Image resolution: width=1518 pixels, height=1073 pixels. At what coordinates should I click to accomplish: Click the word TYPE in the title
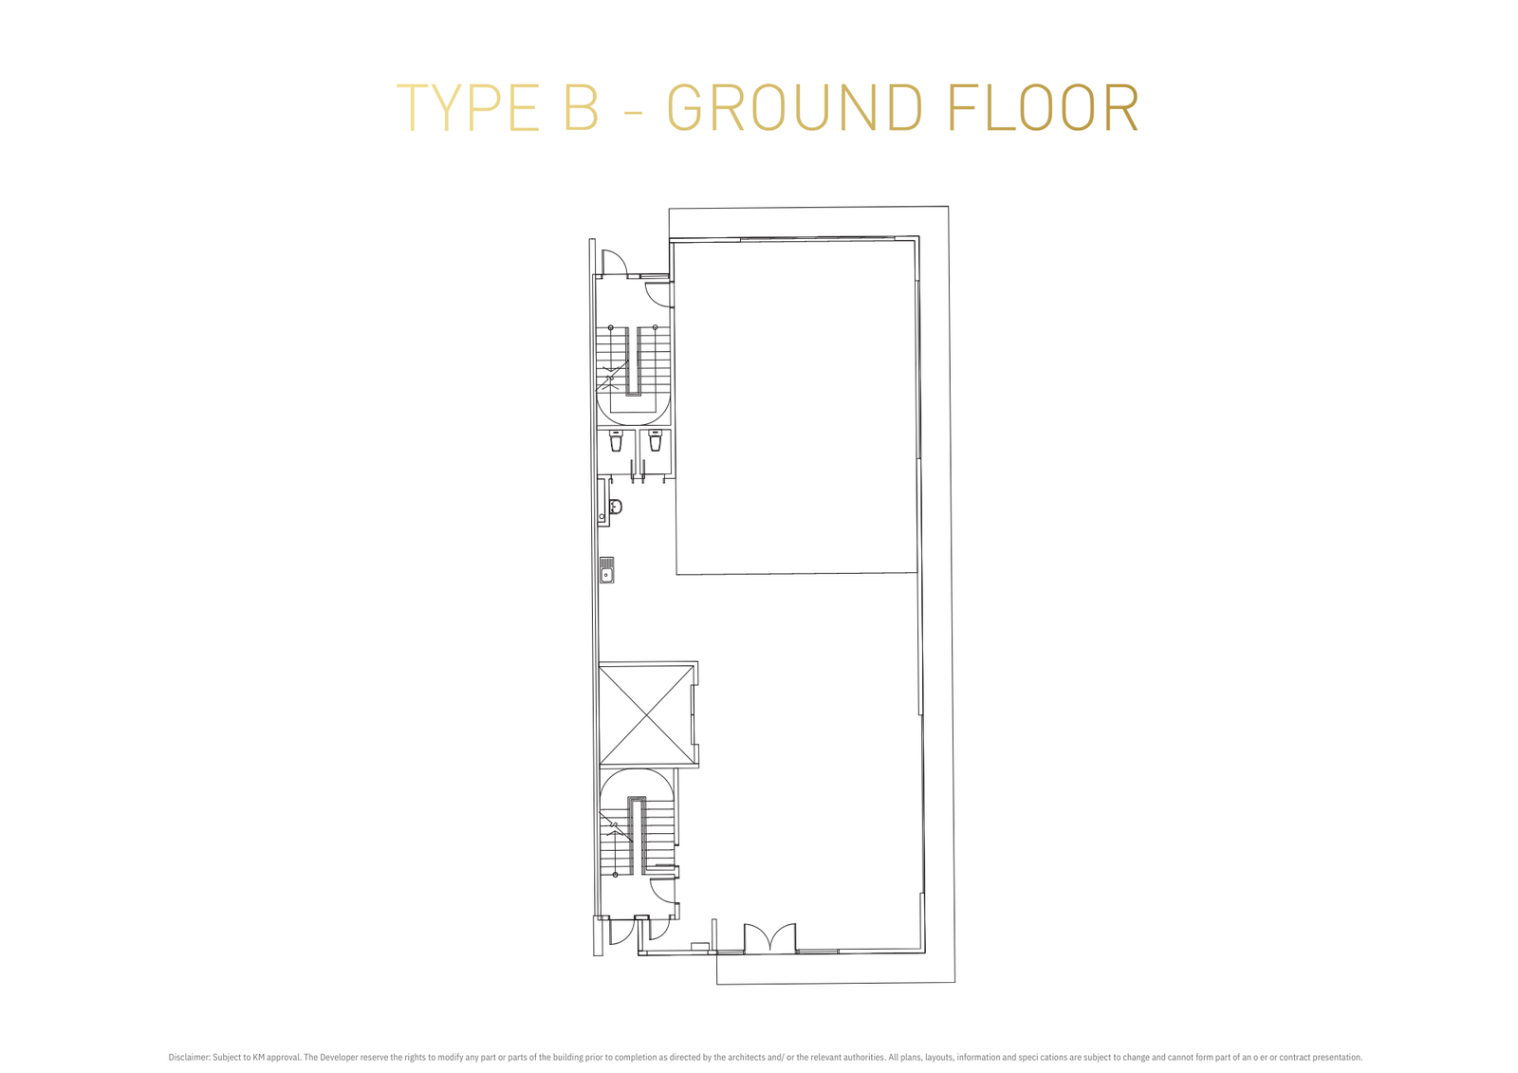click(x=468, y=108)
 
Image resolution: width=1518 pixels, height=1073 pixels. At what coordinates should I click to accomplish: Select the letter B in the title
click(x=582, y=108)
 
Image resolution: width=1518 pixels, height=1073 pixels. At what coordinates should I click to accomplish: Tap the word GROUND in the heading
click(x=794, y=108)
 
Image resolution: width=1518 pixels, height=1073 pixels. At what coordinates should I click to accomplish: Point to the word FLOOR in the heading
click(x=1044, y=108)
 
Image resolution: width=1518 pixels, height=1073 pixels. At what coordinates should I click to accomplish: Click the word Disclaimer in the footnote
click(x=189, y=1057)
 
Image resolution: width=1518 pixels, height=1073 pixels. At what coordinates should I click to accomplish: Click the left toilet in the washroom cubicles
click(x=616, y=440)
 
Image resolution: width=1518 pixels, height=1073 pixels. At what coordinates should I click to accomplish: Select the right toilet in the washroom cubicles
click(x=655, y=440)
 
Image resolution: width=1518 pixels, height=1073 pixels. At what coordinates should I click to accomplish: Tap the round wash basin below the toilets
click(x=616, y=507)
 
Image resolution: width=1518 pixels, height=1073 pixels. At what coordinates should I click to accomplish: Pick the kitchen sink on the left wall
click(x=606, y=571)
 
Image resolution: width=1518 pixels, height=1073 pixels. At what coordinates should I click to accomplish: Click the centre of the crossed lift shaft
click(x=646, y=715)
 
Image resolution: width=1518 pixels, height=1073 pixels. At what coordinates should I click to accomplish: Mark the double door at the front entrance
click(x=769, y=938)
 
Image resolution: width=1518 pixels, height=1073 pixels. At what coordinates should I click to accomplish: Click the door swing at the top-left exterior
click(x=614, y=263)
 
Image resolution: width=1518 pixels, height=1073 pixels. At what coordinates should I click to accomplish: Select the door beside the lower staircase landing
click(x=663, y=892)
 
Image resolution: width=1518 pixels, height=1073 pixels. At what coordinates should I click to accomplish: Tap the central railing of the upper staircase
click(x=633, y=361)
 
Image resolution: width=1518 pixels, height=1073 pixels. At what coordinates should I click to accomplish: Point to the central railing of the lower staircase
click(x=637, y=837)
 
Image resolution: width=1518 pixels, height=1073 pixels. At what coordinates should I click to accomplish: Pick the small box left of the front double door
click(x=699, y=946)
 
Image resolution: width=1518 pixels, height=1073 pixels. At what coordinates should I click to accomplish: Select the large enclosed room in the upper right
click(x=797, y=407)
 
